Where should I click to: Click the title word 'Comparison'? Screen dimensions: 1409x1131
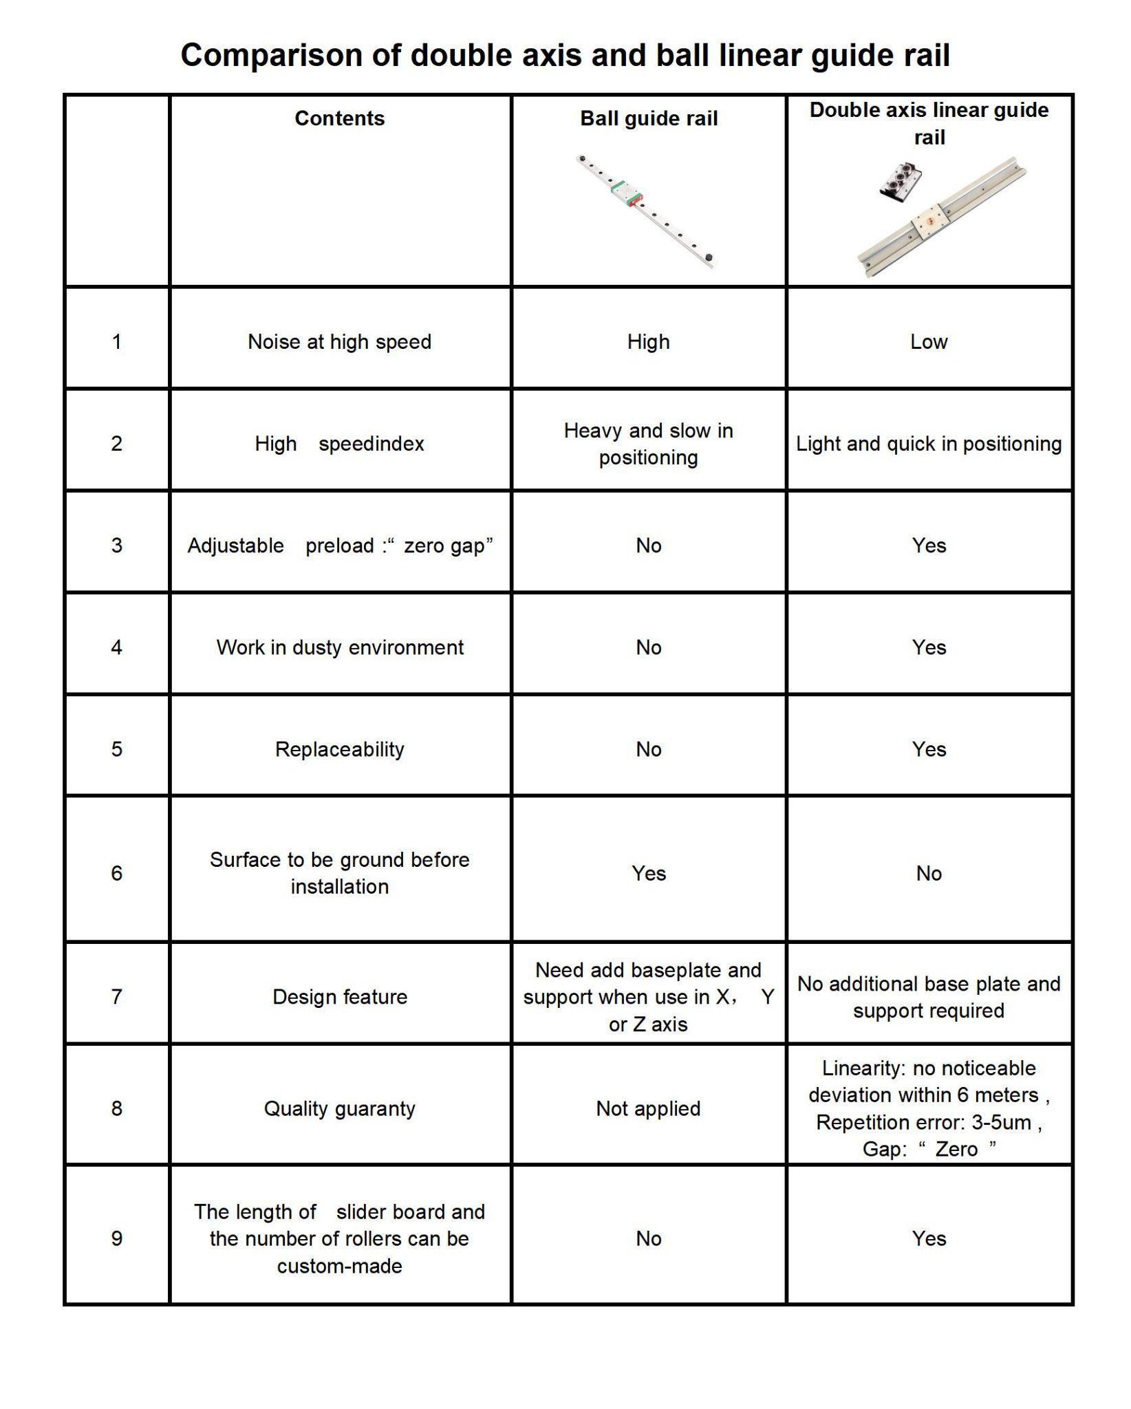[272, 56]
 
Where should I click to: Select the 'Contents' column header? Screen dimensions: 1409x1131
[339, 118]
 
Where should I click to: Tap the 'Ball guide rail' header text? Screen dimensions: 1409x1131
[648, 118]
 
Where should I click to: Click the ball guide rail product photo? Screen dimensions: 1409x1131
[647, 211]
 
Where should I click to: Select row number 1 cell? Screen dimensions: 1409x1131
[117, 341]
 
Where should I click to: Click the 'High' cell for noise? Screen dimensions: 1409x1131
[648, 341]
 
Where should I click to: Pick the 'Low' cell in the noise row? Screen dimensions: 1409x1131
[929, 341]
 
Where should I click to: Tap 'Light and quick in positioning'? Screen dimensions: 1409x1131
[929, 444]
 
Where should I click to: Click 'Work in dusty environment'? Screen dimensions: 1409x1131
[340, 647]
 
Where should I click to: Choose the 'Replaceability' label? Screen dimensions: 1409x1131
[340, 749]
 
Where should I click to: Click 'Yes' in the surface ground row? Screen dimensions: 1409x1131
[649, 873]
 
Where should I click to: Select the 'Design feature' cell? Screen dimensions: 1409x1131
[340, 997]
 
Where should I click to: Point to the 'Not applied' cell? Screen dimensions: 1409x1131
[648, 1108]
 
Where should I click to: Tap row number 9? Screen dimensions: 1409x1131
[117, 1238]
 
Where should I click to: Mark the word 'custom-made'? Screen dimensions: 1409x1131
[340, 1266]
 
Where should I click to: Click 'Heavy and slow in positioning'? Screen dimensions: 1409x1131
[648, 444]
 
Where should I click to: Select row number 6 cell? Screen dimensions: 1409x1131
[117, 873]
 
